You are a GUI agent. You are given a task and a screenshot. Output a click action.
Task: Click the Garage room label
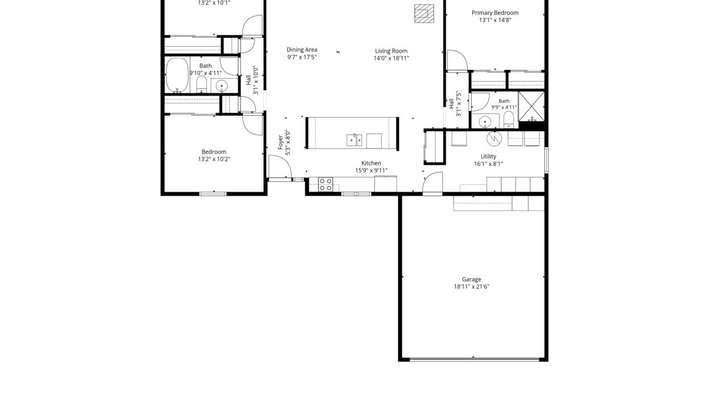(471, 279)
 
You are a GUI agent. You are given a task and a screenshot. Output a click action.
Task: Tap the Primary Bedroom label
(495, 13)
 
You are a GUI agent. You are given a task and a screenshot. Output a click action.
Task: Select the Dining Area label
(302, 50)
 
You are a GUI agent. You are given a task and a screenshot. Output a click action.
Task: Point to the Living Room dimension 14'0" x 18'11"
(391, 58)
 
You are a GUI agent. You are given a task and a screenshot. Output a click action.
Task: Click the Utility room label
(488, 156)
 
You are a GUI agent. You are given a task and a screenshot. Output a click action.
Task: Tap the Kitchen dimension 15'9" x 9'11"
(371, 171)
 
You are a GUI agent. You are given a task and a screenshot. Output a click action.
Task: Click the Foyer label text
(280, 142)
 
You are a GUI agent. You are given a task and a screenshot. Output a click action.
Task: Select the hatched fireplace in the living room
(424, 13)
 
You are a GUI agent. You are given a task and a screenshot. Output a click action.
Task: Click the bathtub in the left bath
(177, 75)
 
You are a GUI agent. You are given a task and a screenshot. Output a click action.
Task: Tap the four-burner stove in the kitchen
(325, 185)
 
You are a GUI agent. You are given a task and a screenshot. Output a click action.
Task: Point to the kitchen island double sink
(354, 140)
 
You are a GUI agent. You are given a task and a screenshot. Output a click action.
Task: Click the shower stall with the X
(531, 106)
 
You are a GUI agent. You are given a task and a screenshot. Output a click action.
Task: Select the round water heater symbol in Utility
(494, 138)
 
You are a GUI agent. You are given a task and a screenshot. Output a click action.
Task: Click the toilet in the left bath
(202, 85)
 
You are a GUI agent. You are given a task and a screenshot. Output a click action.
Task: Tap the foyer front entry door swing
(280, 167)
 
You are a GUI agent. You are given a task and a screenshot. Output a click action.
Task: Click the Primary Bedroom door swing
(457, 60)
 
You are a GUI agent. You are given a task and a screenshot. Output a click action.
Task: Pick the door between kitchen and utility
(433, 183)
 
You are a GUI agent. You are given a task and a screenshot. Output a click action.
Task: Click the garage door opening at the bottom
(474, 359)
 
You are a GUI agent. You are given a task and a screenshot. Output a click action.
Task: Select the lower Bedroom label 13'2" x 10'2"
(214, 156)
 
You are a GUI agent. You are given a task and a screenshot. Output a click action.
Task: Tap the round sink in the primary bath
(485, 122)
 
